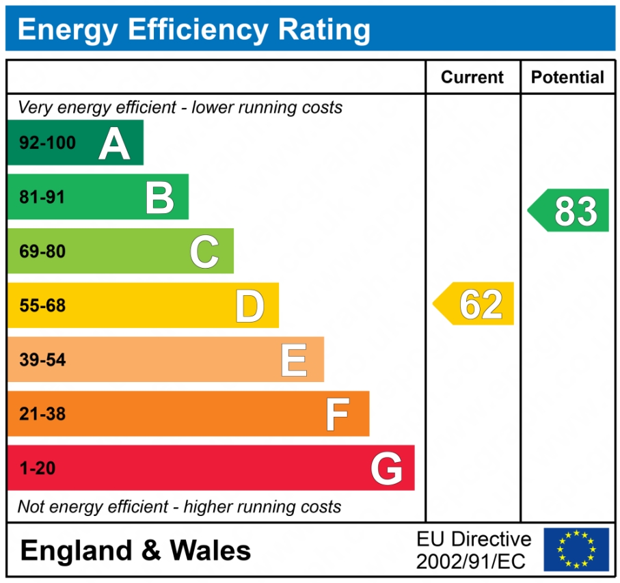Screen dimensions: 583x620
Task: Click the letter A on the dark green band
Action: (114, 144)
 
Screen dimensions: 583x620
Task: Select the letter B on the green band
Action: (159, 198)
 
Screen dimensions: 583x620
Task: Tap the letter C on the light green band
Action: (204, 252)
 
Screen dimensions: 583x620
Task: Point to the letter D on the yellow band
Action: (250, 306)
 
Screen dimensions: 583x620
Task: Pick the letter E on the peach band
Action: (294, 360)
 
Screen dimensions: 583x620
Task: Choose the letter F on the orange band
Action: (338, 414)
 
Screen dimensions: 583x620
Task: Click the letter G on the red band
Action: (386, 469)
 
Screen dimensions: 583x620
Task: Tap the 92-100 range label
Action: (47, 144)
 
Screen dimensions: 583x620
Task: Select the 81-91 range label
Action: (42, 198)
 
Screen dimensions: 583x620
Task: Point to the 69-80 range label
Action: (42, 252)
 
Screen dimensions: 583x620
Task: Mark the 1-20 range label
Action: (37, 469)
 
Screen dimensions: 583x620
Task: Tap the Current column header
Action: (472, 77)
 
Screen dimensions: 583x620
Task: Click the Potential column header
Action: (567, 77)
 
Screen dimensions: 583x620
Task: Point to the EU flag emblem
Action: (576, 550)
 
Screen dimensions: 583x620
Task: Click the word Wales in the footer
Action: (211, 550)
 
